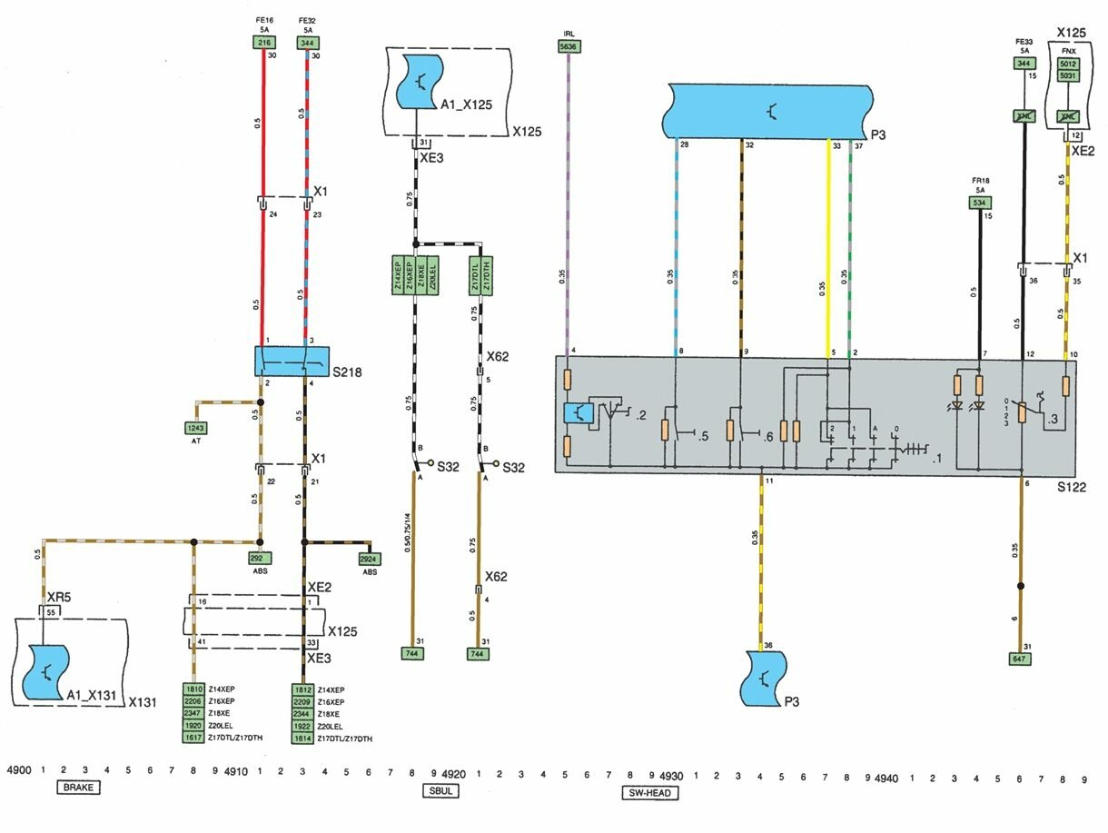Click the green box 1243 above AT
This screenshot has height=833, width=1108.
pos(196,428)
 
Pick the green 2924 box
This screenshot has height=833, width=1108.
pos(369,559)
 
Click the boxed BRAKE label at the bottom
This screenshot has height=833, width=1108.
pos(78,788)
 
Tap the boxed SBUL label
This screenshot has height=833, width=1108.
pos(440,790)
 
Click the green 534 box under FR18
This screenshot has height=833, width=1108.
pos(980,203)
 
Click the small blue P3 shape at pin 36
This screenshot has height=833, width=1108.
pos(763,678)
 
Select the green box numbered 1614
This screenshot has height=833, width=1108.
pos(302,739)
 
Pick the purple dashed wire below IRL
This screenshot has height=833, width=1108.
pos(569,200)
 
